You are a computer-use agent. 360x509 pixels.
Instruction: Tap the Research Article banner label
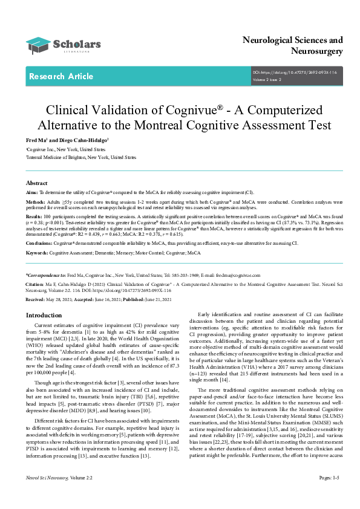61,77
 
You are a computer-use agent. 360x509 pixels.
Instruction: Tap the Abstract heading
37,183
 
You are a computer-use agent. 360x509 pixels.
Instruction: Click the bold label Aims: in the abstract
32,192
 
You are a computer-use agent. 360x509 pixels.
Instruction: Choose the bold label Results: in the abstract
34,216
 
